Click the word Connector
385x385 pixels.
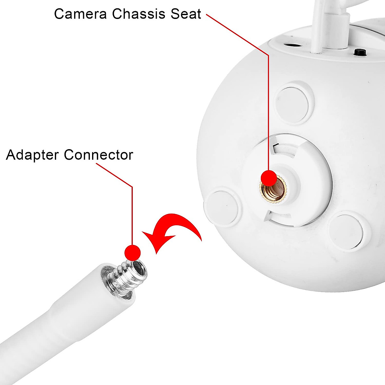pos(98,155)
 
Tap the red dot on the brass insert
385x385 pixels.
pos(269,177)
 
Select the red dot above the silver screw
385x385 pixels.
pos(132,252)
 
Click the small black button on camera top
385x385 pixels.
pos(360,52)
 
